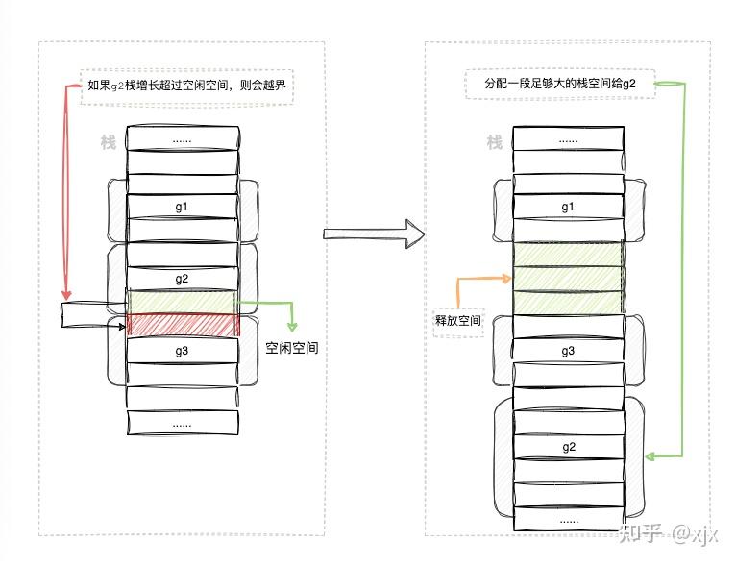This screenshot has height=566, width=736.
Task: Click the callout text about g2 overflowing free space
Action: click(188, 86)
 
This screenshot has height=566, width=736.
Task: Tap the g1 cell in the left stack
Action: click(182, 207)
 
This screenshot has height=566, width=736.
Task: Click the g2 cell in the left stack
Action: click(182, 279)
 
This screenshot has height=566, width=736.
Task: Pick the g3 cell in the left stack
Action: click(182, 351)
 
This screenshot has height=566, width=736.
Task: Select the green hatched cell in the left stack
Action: click(182, 302)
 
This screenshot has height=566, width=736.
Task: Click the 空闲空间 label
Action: click(291, 349)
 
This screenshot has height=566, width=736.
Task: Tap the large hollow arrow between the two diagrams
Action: click(374, 233)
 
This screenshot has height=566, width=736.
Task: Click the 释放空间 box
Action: click(458, 320)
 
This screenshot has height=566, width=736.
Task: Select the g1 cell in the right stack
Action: click(568, 208)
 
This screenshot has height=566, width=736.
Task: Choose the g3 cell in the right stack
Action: click(568, 352)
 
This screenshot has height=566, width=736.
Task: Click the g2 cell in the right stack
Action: click(568, 447)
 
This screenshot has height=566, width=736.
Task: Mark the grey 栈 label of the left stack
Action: click(109, 143)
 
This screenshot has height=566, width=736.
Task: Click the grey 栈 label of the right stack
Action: click(494, 143)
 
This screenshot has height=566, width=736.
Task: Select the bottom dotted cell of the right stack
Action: click(568, 520)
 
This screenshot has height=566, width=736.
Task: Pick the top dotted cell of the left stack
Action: click(182, 138)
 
